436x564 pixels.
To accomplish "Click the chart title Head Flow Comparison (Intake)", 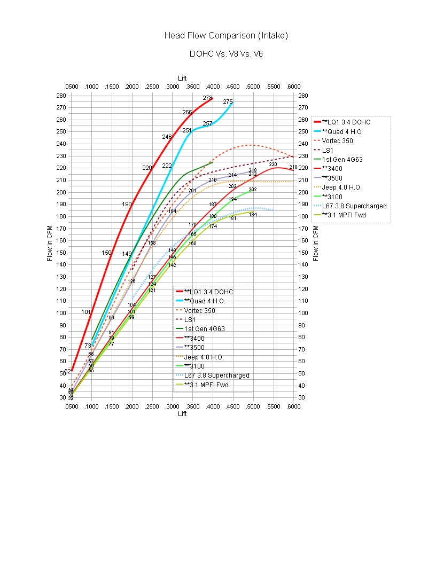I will (x=226, y=36).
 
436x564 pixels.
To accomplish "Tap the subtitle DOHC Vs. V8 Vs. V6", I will (x=226, y=54).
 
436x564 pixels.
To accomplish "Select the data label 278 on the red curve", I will (x=207, y=98).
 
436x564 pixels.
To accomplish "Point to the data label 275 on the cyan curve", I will (x=228, y=101).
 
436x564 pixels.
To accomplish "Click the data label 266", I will (x=187, y=112).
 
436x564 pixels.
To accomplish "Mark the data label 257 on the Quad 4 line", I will (x=207, y=123).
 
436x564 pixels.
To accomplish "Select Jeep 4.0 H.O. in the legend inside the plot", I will (x=204, y=357).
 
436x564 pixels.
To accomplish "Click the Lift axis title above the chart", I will (x=183, y=79).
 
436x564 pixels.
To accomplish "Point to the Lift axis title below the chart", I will (x=183, y=413).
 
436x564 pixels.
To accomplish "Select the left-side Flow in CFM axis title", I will (x=50, y=243).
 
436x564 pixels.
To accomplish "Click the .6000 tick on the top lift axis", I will (x=293, y=87).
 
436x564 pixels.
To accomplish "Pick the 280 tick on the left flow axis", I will (x=61, y=96).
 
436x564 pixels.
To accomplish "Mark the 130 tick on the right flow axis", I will (x=303, y=277).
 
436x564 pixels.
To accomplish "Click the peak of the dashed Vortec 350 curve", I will (x=251, y=145).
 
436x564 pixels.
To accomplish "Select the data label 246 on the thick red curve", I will (x=167, y=137).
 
